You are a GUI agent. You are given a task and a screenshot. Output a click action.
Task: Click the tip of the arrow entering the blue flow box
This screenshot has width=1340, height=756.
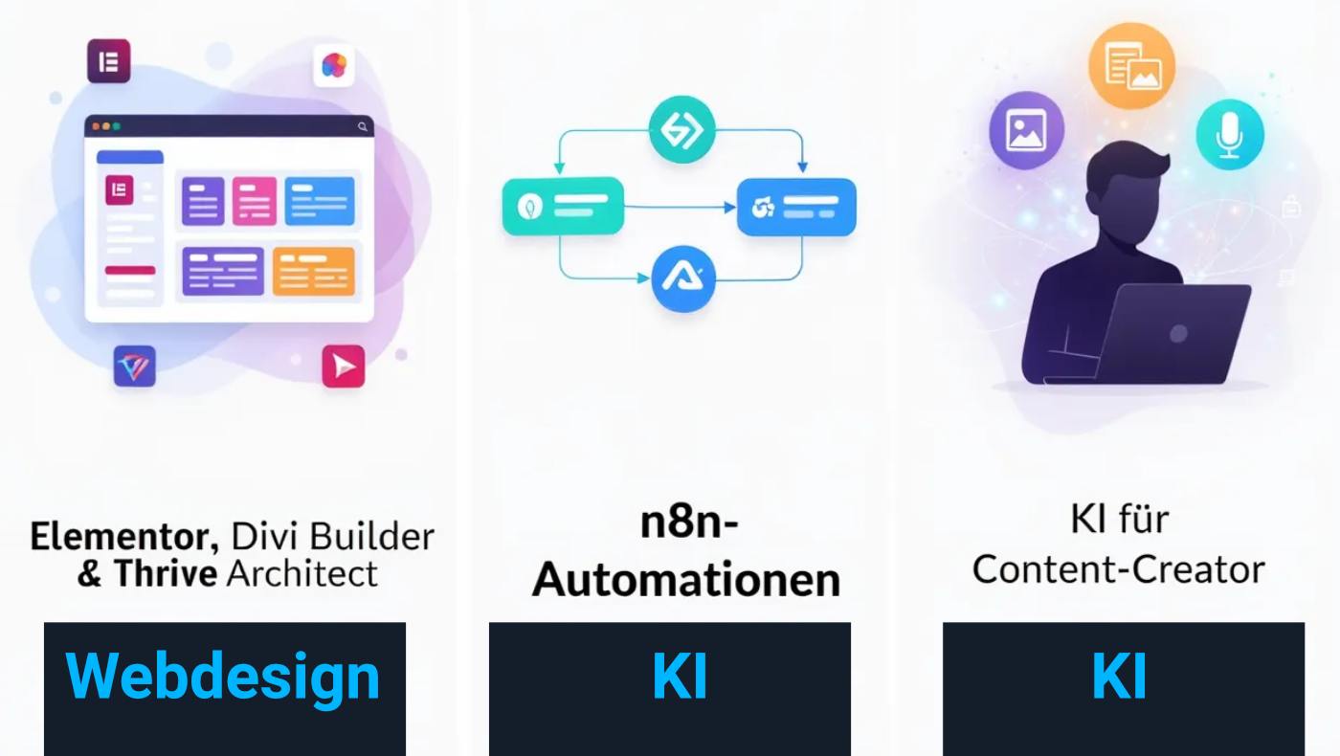tap(736, 208)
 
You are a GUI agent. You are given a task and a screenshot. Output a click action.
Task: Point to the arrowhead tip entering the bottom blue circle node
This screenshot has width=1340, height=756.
tap(650, 278)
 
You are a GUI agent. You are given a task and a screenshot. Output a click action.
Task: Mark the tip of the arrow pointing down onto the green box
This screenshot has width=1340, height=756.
tap(559, 174)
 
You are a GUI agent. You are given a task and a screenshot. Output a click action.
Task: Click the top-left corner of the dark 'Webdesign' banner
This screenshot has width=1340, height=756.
tap(44, 623)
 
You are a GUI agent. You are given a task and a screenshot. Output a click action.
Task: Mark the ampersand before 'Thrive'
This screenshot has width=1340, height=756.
tap(90, 573)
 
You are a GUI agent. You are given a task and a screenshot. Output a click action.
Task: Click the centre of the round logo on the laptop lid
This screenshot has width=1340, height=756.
tap(1178, 333)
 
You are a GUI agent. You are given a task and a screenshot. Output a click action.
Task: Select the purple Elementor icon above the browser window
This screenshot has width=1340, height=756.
tap(109, 61)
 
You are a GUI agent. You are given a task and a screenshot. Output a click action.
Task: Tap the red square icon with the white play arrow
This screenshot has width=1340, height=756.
tap(344, 366)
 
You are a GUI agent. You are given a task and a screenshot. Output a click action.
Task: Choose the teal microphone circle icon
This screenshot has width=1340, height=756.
tap(1230, 135)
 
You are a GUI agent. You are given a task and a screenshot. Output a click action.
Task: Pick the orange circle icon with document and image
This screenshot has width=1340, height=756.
tap(1131, 66)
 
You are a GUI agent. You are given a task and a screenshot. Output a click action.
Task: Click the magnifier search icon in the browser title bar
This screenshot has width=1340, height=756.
tap(363, 126)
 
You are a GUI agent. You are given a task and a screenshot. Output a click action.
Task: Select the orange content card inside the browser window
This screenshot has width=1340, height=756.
tap(314, 272)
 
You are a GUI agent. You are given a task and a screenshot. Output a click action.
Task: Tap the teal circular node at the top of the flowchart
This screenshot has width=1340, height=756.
tap(681, 129)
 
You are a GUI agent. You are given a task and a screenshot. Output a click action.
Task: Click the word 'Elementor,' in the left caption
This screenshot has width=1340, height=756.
tap(125, 537)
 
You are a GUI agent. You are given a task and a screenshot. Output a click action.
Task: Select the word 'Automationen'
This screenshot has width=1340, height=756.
tap(687, 580)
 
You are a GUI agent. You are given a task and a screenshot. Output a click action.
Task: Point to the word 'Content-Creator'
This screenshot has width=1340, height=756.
tap(1119, 569)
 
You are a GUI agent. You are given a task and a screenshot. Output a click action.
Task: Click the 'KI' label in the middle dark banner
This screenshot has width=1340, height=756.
tap(681, 677)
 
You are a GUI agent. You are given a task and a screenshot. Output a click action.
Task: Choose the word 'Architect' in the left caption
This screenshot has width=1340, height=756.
tap(302, 573)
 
